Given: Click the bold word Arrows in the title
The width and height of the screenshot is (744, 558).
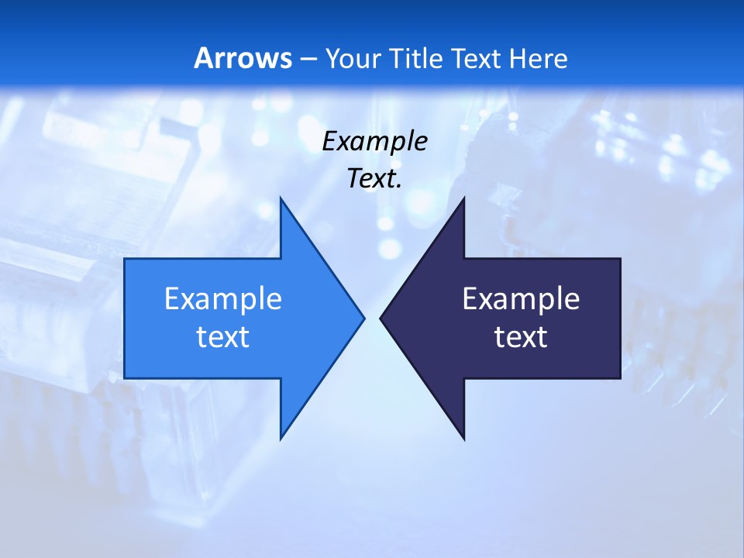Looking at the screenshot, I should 243,58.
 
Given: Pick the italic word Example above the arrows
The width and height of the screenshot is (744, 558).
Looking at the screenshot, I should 375,141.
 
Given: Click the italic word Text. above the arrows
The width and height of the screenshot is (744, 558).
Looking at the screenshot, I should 375,178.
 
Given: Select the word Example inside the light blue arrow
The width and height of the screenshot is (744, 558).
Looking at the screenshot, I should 223,299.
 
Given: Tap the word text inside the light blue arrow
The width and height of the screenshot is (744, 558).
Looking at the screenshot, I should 223,337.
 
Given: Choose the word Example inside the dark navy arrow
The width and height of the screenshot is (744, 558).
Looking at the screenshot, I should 521,299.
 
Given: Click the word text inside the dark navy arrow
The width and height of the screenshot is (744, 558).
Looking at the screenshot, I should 521,337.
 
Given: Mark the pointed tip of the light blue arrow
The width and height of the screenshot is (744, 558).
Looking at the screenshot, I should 363,318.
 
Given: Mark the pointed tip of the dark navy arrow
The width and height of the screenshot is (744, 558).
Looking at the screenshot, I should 381,318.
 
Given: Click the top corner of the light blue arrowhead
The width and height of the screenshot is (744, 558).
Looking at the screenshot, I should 281,198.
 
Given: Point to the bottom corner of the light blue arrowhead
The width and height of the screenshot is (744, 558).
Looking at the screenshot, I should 281,439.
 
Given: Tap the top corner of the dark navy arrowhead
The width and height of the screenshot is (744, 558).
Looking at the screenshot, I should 463,198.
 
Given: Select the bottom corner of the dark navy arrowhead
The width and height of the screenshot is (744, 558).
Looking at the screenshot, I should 463,439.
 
